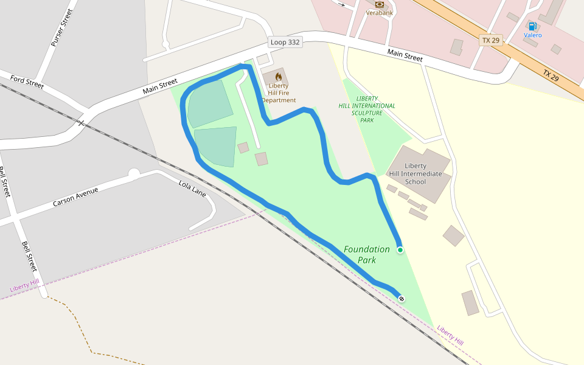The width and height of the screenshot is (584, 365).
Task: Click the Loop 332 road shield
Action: click(x=285, y=42)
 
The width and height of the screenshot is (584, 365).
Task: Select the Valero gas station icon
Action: click(x=532, y=26)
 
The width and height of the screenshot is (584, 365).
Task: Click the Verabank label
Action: click(x=380, y=12)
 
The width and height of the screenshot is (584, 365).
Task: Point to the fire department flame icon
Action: click(x=279, y=77)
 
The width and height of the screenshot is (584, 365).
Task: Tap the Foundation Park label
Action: click(x=367, y=254)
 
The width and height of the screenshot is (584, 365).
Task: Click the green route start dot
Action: click(x=400, y=250)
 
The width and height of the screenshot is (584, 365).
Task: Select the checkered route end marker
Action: click(x=401, y=298)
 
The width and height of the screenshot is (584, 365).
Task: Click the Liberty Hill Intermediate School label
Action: click(x=415, y=173)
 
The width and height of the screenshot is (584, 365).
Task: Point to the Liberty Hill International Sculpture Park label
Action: click(x=367, y=109)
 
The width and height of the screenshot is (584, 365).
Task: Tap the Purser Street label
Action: click(x=61, y=28)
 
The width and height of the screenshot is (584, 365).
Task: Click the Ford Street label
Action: click(x=27, y=83)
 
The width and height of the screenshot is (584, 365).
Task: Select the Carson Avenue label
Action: click(x=75, y=196)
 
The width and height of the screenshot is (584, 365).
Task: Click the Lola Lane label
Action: click(x=192, y=188)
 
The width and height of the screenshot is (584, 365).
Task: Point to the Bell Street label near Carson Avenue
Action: click(x=29, y=256)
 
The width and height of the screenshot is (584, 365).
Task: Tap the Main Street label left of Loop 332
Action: click(x=160, y=86)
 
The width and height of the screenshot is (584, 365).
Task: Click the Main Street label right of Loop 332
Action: click(x=405, y=55)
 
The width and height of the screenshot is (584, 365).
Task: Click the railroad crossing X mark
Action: click(x=81, y=123)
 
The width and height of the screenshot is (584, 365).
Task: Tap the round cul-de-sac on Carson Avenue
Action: click(x=134, y=175)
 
